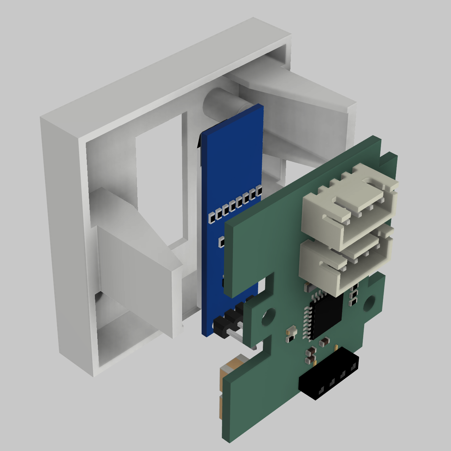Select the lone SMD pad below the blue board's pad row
pos(221,241)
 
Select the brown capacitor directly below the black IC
pos(324,342)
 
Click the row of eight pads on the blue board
pos(235,204)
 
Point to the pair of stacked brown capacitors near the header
pos(310,356)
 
